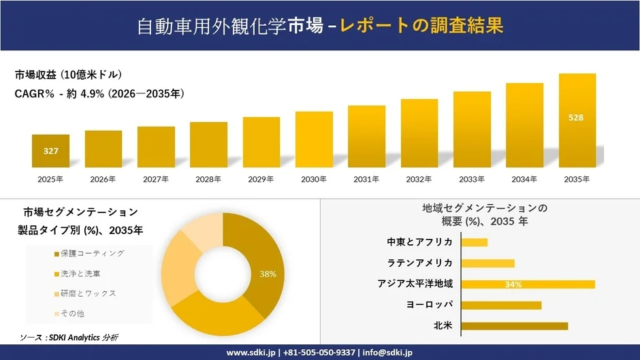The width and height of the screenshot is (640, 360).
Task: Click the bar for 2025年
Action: (50, 150)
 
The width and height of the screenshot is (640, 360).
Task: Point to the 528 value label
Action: (576, 118)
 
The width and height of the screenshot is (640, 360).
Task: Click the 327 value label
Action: (50, 151)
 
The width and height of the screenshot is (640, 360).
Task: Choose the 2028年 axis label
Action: (208, 179)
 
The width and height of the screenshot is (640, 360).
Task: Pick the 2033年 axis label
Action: (471, 179)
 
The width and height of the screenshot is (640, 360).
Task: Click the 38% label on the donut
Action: (268, 273)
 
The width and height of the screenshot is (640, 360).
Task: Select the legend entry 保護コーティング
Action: (88, 253)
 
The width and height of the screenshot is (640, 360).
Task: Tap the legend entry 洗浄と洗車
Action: (79, 273)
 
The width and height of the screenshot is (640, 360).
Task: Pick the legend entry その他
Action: (71, 313)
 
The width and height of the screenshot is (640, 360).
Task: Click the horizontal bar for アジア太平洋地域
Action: (528, 284)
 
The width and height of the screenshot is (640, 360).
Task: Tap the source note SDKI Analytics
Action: (80, 337)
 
